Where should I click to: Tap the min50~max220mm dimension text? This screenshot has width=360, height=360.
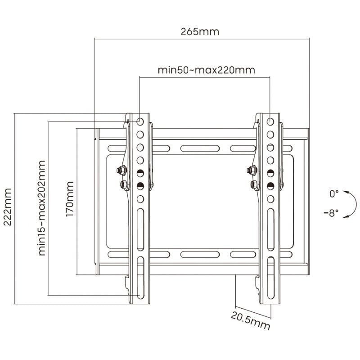click(206, 70)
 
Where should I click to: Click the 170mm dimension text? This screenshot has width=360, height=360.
click(70, 199)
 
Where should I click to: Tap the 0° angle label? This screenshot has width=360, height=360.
click(333, 194)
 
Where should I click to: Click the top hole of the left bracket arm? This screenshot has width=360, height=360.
click(140, 121)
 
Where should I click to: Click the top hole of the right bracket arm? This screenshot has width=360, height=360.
click(270, 121)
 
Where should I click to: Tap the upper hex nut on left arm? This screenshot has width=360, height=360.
click(121, 170)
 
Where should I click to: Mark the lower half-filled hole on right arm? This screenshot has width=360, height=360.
click(270, 185)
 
